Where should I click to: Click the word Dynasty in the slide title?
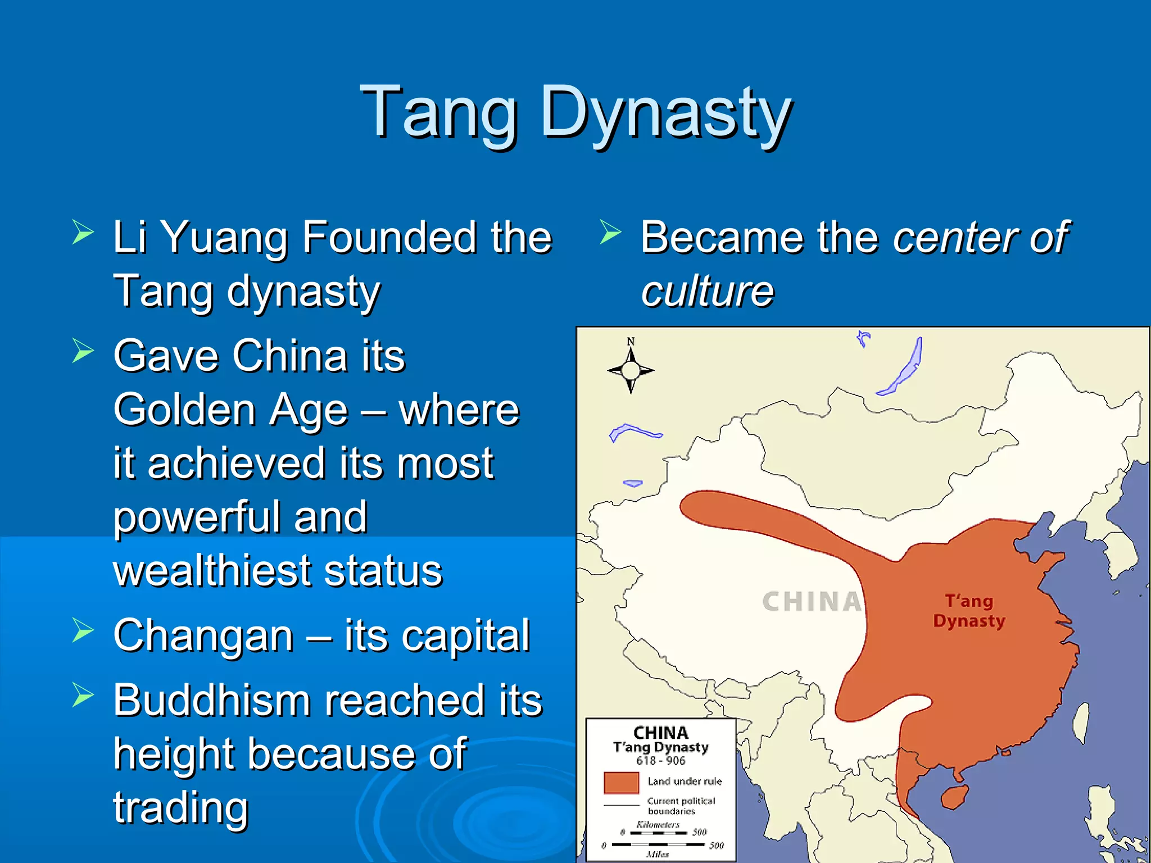click(x=665, y=112)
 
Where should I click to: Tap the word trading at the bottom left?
click(x=180, y=807)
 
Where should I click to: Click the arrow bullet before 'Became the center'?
click(x=610, y=232)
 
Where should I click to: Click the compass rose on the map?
click(x=631, y=370)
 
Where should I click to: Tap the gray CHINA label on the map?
click(x=811, y=602)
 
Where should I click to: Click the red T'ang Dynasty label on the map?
click(x=969, y=611)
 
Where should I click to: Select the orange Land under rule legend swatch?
click(x=621, y=782)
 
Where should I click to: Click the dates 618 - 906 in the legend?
click(x=661, y=761)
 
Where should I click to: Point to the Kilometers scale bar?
click(x=658, y=832)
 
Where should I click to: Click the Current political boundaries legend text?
click(x=681, y=806)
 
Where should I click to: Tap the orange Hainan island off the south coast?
click(x=954, y=797)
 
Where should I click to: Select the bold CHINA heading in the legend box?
click(x=661, y=733)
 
